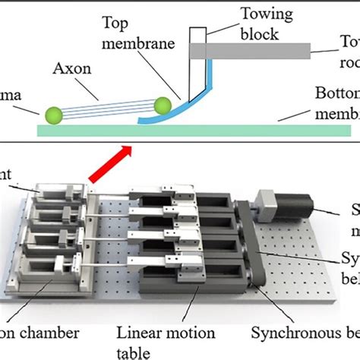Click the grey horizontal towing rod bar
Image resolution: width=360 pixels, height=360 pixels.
coord(251,51)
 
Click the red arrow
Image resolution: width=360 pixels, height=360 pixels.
coord(106,168)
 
